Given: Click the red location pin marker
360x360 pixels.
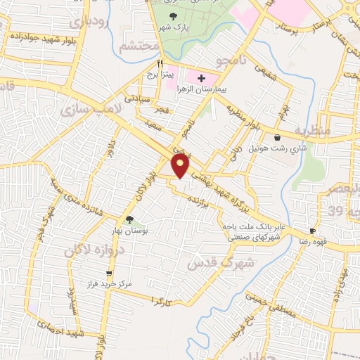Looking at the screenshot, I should [x=181, y=165].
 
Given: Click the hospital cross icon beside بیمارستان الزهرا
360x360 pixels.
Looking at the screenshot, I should [x=202, y=78].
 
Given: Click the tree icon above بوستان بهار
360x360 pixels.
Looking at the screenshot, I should [x=129, y=219].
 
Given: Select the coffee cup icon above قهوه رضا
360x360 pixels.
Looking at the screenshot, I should [x=312, y=231].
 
